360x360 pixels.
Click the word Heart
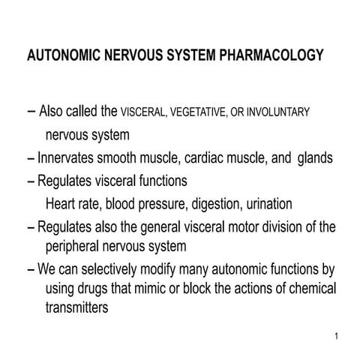tap(61, 204)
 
